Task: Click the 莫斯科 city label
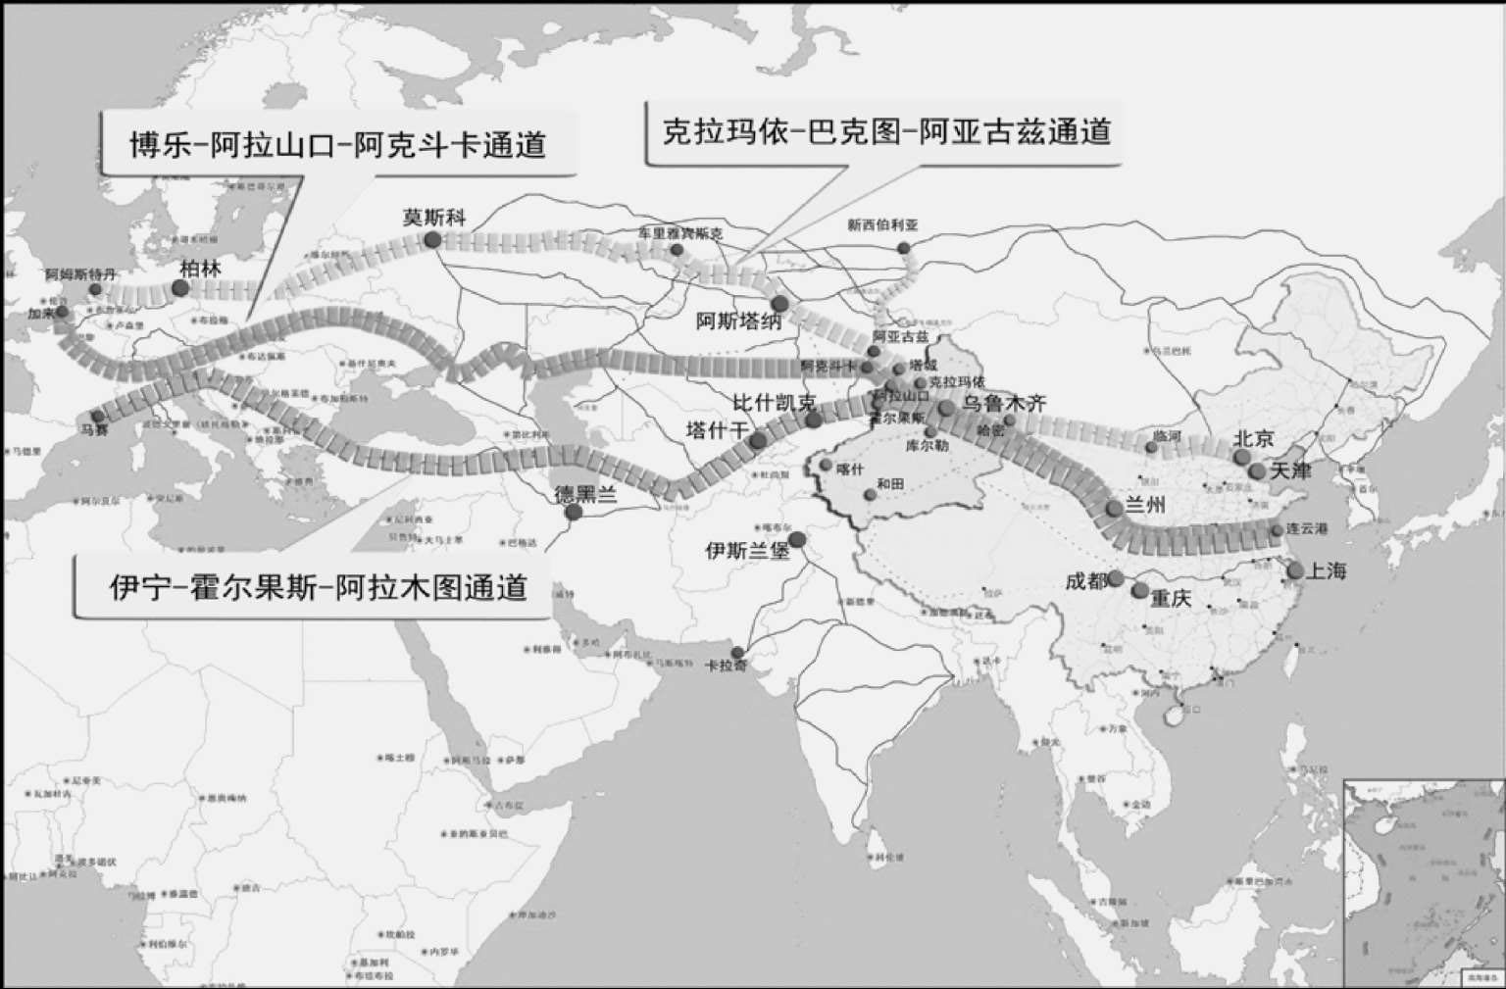click(x=434, y=217)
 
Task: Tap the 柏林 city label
click(x=201, y=269)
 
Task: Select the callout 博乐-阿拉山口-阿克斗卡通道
click(x=338, y=145)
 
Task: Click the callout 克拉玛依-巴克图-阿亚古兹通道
click(x=886, y=130)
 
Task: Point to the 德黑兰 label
click(x=585, y=494)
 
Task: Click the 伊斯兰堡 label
click(x=747, y=551)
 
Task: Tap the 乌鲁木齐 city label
click(x=1004, y=403)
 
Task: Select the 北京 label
click(x=1253, y=438)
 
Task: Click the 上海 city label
click(x=1326, y=570)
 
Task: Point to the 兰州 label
click(x=1145, y=506)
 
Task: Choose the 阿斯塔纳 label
click(x=738, y=321)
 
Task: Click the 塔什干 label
click(x=717, y=429)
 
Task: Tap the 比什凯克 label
click(x=775, y=403)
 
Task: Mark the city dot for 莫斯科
click(x=432, y=239)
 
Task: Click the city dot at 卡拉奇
click(x=737, y=653)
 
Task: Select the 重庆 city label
click(x=1171, y=598)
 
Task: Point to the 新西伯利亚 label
click(x=882, y=224)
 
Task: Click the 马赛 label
click(x=95, y=429)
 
